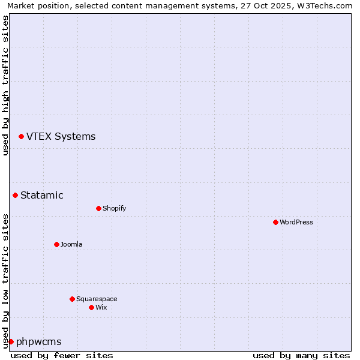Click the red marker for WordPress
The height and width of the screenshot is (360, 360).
[x=275, y=222]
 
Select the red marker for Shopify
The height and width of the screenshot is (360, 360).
[x=98, y=208]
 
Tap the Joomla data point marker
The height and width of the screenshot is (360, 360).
[x=56, y=244]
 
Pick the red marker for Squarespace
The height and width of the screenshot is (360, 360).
[x=72, y=299]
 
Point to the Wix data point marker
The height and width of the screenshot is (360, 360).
[x=91, y=307]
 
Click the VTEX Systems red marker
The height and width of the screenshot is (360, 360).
[x=21, y=137]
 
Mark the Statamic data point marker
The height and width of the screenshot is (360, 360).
[x=15, y=195]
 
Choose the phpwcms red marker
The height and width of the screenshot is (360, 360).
[x=11, y=341]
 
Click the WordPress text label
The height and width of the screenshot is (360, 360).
[x=296, y=222]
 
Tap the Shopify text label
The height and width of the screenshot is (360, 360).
[x=115, y=208]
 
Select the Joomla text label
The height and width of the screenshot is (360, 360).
[x=71, y=244]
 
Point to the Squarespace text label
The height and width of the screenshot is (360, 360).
[x=97, y=299]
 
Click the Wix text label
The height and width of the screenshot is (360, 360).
[x=101, y=307]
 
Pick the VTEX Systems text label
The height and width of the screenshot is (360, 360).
[x=61, y=136]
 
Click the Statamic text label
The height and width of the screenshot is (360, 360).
[x=42, y=195]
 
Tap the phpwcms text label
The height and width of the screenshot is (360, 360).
[x=39, y=341]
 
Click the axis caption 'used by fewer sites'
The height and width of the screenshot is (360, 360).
[x=62, y=355]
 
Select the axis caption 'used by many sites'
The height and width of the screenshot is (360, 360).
[x=301, y=355]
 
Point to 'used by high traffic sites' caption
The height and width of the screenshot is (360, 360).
[x=5, y=85]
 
